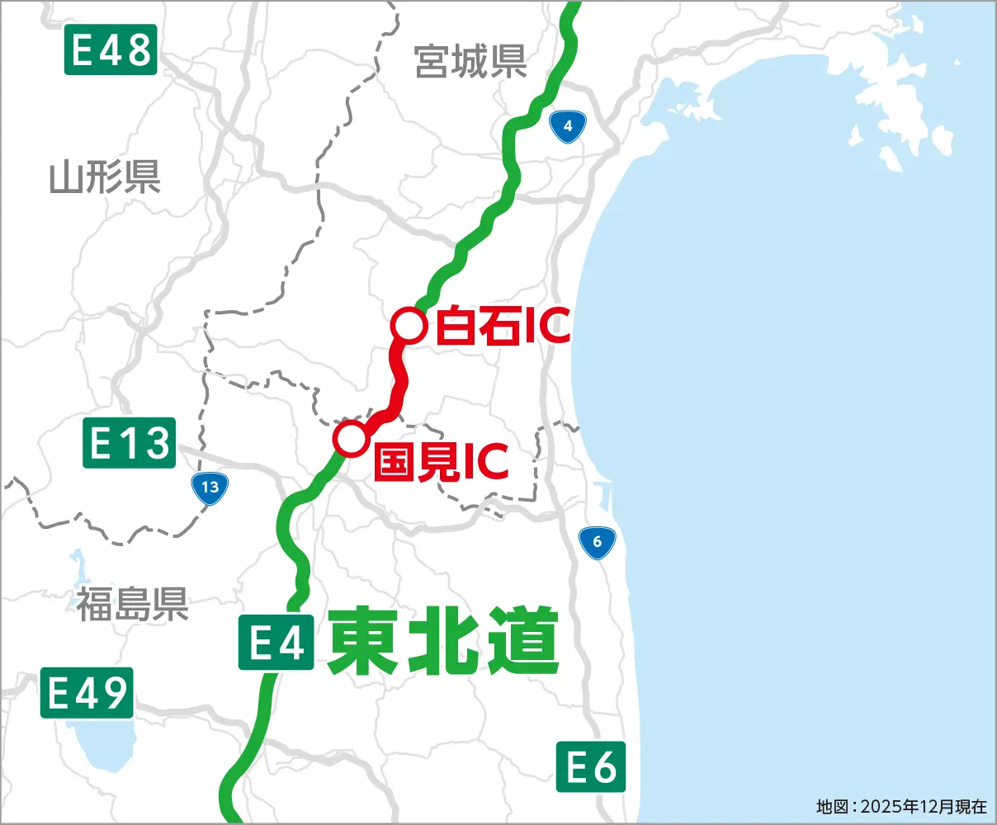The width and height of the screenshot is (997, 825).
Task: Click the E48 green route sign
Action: tap(111, 49)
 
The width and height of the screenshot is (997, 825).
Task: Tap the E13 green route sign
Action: tap(130, 443)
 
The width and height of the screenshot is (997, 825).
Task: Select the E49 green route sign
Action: tap(87, 693)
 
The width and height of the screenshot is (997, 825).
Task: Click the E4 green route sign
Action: tap(276, 642)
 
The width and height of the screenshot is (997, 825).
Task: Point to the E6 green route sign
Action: tap(590, 767)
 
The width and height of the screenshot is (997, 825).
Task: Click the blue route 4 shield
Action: tap(567, 126)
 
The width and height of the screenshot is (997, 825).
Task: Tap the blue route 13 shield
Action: tap(210, 487)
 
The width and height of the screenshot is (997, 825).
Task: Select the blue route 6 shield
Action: tap(597, 542)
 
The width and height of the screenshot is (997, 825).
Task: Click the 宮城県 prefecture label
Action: tap(470, 61)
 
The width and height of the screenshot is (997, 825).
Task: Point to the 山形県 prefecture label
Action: tap(105, 177)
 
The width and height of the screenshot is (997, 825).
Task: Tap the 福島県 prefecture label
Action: tap(132, 603)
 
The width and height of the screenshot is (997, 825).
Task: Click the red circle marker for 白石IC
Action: tap(408, 325)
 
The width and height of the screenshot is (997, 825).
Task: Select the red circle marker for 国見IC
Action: tap(350, 438)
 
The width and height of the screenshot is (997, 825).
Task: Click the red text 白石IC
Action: tap(502, 326)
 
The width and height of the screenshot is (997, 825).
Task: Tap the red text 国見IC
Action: tap(441, 463)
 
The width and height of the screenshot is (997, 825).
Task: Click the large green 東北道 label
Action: tap(443, 642)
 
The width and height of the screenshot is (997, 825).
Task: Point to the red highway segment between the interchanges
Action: tap(399, 380)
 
